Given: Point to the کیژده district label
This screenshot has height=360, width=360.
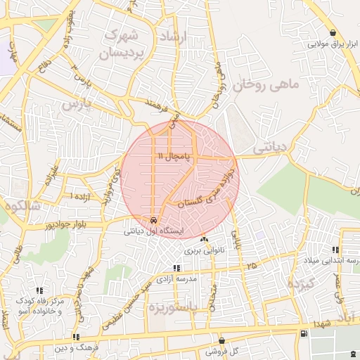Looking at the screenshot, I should pos(304,283).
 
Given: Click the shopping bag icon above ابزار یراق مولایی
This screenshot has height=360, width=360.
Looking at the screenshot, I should pos(333,33).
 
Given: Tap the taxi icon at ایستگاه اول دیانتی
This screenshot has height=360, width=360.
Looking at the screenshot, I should pos(154,219).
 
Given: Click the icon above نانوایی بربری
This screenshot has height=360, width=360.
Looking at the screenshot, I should pos(204,240).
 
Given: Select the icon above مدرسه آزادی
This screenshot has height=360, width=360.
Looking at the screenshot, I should pos(176,268).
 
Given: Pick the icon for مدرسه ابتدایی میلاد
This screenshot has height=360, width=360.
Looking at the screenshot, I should pos(335,250).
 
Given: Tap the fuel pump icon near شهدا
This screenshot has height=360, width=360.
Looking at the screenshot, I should pos(302,333).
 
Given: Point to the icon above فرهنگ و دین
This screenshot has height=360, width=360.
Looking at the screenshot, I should pos(76,337).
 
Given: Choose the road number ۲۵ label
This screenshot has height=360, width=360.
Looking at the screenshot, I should pos(252,265).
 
